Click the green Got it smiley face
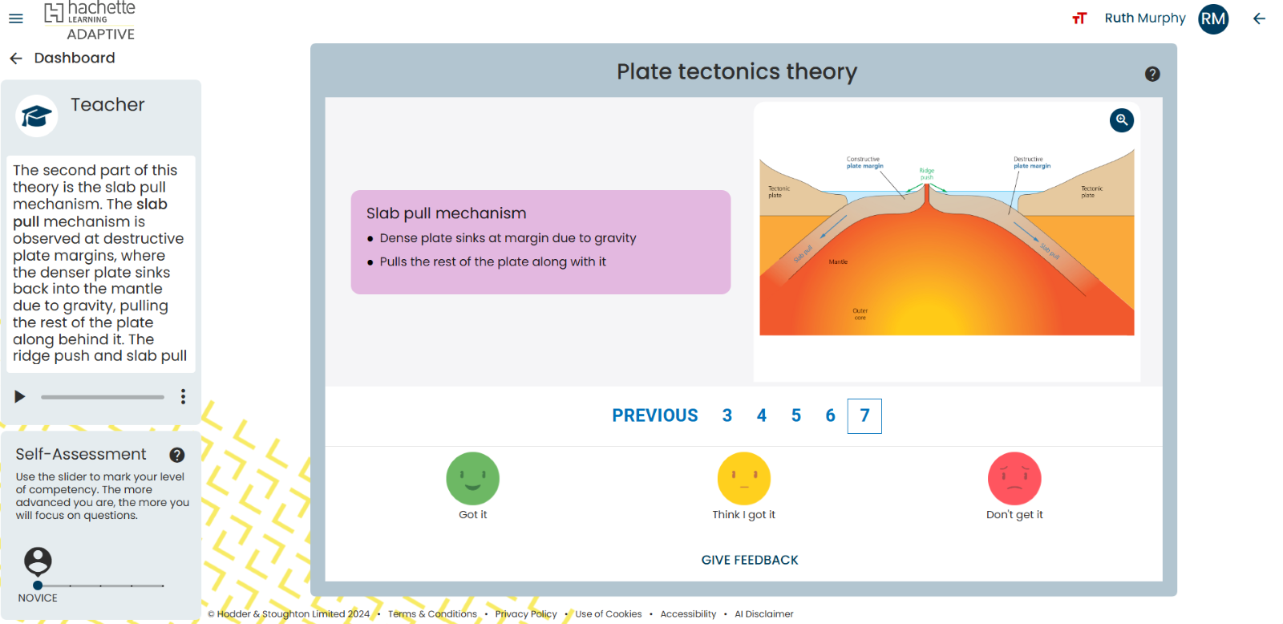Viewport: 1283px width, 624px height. point(472,479)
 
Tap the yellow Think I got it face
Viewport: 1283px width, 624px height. point(743,479)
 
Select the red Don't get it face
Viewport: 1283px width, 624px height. point(1014,479)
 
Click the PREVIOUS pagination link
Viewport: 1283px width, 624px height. point(654,415)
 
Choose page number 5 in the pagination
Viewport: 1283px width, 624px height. point(795,415)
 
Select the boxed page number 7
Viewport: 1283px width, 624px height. point(864,415)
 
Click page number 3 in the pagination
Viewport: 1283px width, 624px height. point(726,415)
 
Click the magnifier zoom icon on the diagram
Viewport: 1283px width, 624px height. point(1121,120)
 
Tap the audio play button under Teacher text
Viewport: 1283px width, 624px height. point(20,396)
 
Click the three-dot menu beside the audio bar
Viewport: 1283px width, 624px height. point(183,396)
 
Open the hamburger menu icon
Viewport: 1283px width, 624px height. point(16,18)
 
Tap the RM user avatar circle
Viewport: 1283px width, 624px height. point(1212,18)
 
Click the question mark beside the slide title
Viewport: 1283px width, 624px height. point(1152,74)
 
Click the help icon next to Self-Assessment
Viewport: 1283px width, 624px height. point(177,455)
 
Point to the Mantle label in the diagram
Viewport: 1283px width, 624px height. point(838,262)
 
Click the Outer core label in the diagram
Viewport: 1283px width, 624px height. point(860,314)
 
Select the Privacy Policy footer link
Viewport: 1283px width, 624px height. point(525,614)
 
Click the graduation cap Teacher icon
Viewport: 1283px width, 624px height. point(36,116)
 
